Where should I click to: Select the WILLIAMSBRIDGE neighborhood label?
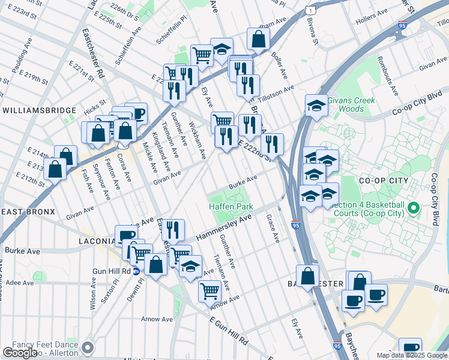[39, 110]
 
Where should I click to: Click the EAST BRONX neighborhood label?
[28, 212]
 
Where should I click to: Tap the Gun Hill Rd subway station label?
[112, 271]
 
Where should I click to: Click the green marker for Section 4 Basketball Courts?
[413, 209]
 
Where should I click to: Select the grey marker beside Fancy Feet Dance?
[88, 347]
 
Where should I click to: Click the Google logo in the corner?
[20, 353]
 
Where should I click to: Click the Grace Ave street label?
[273, 229]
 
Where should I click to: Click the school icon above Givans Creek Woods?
[316, 106]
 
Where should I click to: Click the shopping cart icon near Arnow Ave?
[209, 291]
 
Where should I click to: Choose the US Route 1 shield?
[309, 10]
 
